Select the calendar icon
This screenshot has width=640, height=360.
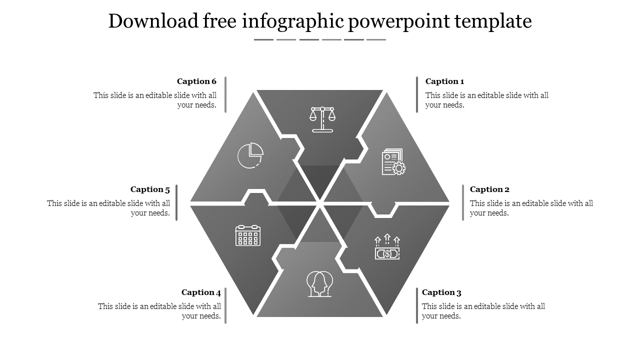click(x=248, y=235)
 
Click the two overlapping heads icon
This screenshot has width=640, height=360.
click(x=319, y=284)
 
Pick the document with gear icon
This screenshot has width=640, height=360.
click(x=393, y=161)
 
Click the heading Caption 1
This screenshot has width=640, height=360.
click(x=444, y=81)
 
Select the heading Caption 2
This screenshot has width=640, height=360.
click(x=489, y=189)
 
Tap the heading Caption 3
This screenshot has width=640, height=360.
click(x=441, y=292)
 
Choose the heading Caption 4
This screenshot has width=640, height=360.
click(x=201, y=292)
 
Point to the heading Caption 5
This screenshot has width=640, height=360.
click(x=150, y=189)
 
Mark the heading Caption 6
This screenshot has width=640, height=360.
click(x=196, y=81)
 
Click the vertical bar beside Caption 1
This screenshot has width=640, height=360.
click(x=417, y=94)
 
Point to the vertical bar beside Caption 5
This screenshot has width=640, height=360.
click(x=176, y=202)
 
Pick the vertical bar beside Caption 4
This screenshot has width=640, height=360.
click(x=225, y=305)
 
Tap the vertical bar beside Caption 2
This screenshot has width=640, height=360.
click(x=463, y=202)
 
